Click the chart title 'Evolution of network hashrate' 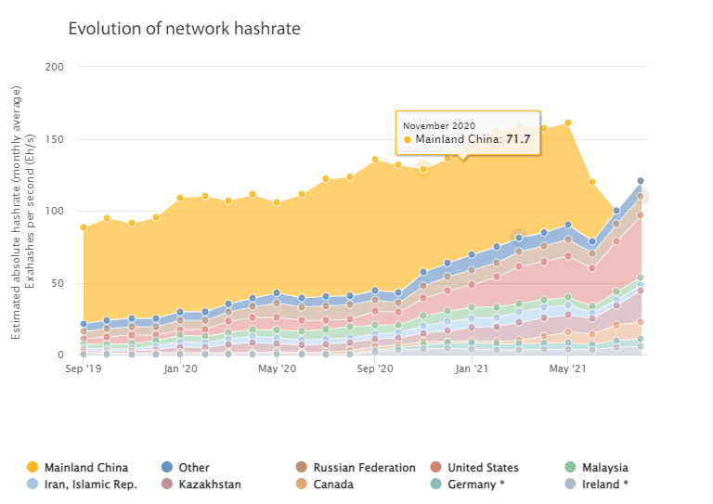click(184, 29)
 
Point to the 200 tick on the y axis click(55, 68)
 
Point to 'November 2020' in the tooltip click(439, 124)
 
